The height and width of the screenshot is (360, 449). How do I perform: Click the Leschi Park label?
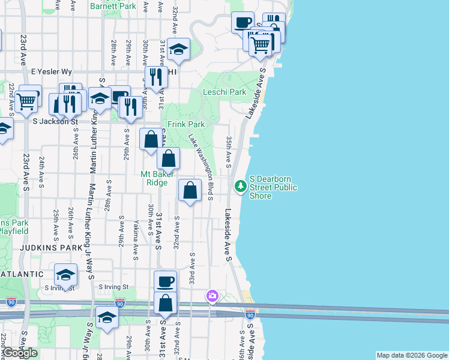tap(224, 92)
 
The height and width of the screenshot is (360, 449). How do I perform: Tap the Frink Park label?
tap(186, 124)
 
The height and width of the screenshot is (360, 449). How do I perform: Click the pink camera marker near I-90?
tap(211, 295)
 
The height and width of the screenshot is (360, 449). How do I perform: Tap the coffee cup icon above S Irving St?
tap(165, 281)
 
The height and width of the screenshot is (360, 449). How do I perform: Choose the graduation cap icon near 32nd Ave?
tap(178, 49)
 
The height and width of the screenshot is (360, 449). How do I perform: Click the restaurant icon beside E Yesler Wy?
tap(155, 77)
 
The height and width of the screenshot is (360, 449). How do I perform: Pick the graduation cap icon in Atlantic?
tap(65, 275)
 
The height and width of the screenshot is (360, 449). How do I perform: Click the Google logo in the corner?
tap(20, 353)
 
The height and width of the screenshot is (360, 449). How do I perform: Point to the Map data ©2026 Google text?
tap(412, 355)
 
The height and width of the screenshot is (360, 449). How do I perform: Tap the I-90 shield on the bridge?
tap(250, 314)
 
